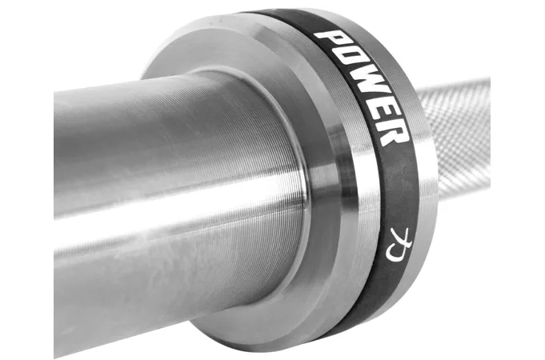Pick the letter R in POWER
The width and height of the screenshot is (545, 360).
coord(391,132)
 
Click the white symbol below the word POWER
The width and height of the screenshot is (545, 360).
coord(399,245)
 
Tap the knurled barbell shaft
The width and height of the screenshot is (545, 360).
coord(459,139)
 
